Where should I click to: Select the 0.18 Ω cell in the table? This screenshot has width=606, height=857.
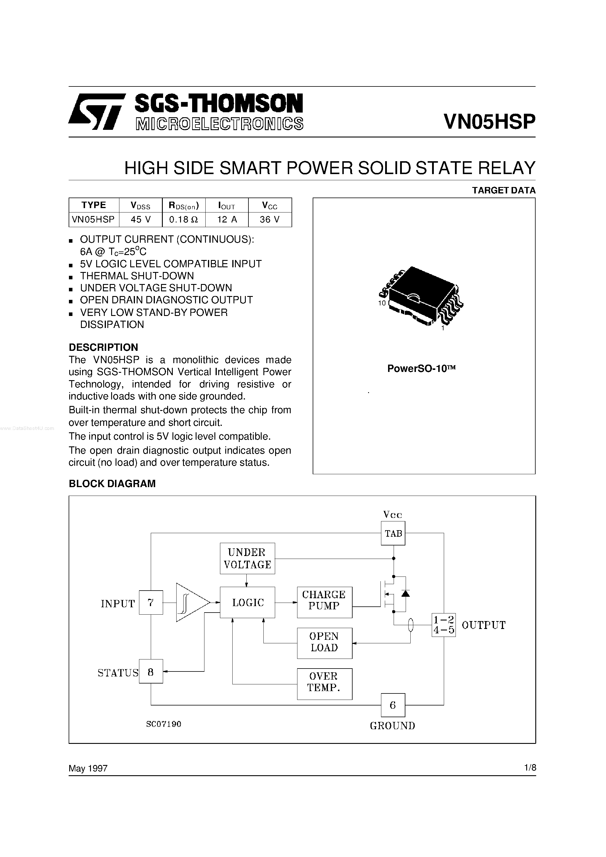tap(183, 220)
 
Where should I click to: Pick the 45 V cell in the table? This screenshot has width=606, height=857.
tap(141, 220)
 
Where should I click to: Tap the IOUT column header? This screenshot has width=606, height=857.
tap(226, 205)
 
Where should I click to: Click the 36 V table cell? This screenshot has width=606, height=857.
tap(270, 220)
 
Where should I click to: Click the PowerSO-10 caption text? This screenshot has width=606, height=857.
tap(421, 369)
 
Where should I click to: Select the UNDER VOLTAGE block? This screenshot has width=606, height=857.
tap(247, 558)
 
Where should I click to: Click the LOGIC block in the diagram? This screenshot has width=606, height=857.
tap(247, 602)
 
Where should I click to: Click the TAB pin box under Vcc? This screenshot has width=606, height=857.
tap(393, 533)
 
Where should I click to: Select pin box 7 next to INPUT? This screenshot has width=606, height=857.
tap(151, 602)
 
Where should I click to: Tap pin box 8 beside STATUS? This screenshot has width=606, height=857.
tap(151, 673)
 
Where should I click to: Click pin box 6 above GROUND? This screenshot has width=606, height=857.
tap(393, 705)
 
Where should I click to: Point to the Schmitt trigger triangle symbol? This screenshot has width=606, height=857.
tap(191, 602)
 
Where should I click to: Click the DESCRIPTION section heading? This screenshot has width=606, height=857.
tap(104, 348)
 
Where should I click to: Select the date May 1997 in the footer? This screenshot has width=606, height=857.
tap(88, 768)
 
